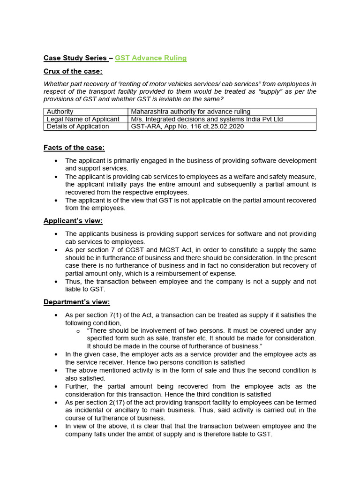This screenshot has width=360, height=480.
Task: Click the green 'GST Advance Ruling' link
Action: click(150, 58)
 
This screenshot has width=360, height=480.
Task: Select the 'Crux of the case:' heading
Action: click(73, 71)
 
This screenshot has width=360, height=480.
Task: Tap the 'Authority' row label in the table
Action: click(60, 112)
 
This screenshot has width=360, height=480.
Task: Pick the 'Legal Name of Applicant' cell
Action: click(83, 119)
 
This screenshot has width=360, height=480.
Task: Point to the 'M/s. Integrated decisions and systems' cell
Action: click(207, 119)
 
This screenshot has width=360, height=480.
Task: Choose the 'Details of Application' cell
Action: click(78, 127)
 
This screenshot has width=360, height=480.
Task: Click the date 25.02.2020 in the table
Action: click(227, 127)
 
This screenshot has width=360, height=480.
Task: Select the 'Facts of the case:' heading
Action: click(74, 148)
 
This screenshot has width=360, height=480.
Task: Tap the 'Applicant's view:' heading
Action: click(73, 221)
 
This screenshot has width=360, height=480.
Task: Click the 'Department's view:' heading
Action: click(77, 302)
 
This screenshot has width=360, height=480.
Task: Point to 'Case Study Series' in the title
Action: click(75, 58)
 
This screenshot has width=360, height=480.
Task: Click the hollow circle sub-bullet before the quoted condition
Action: click(78, 331)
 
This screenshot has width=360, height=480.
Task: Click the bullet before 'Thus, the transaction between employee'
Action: click(56, 282)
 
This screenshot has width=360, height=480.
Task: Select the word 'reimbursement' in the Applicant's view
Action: click(191, 274)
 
